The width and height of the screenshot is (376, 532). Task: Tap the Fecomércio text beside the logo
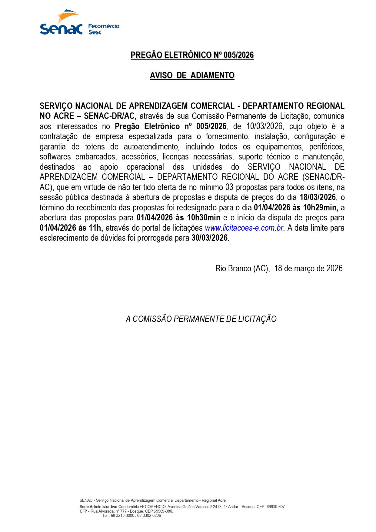point(104,26)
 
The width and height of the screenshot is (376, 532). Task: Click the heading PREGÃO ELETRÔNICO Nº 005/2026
point(192,55)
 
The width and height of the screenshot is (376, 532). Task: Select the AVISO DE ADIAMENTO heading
point(192,75)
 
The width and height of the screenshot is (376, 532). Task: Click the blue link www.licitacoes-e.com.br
point(244,228)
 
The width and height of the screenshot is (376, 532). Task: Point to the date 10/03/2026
point(265,126)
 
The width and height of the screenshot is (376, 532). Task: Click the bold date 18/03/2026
point(318,197)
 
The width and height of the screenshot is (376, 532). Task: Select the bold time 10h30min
point(204,218)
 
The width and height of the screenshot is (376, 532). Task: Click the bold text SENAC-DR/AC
point(109,116)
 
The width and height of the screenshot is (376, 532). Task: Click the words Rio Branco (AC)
point(242,268)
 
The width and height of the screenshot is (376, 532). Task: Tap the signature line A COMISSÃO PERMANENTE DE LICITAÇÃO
point(201,319)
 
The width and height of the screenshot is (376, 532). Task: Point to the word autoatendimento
point(151,147)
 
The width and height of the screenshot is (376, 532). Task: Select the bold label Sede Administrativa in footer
point(98,507)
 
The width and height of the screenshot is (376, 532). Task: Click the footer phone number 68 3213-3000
point(122,515)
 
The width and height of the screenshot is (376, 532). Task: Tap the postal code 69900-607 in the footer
point(276,507)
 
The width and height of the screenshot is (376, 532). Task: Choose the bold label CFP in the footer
point(83,511)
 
